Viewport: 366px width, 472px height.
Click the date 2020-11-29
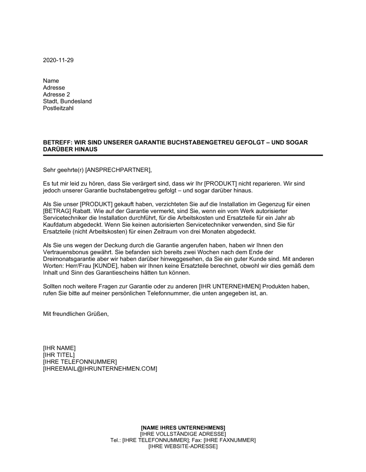click(58, 60)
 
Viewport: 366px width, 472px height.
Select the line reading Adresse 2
click(56, 94)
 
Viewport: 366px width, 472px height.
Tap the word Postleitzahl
click(58, 108)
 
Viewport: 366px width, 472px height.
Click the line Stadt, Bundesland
click(67, 101)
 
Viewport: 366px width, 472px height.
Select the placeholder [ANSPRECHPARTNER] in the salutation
click(117, 170)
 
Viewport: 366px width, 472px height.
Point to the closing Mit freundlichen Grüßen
click(76, 314)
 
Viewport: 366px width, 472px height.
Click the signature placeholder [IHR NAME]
click(59, 348)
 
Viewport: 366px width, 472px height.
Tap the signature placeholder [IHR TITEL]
click(59, 355)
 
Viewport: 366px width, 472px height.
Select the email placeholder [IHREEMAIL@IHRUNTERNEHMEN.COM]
click(100, 369)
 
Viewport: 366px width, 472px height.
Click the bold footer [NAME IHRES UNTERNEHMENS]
click(183, 427)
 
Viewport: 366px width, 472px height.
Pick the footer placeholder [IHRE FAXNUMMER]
click(229, 440)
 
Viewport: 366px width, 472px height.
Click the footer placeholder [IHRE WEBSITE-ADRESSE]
click(183, 447)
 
